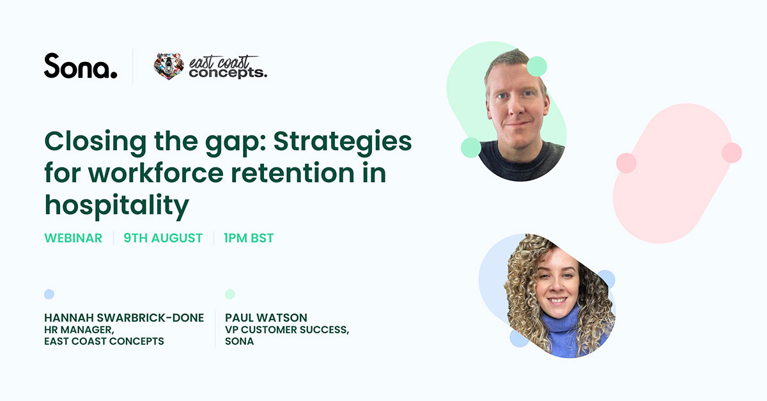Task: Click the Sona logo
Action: pos(81,66)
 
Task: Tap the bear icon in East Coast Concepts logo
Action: pos(169,66)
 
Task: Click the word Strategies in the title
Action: pos(342,142)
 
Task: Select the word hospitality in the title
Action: pos(117,205)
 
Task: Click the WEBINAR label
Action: pos(73,238)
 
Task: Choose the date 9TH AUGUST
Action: pos(163,238)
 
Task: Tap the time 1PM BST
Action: pos(249,238)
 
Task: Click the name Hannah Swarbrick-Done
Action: pos(124,318)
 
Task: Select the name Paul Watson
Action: pos(266,318)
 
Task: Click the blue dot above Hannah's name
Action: pos(49,294)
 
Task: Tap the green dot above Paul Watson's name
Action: pos(230,294)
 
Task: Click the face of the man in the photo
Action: pos(516,102)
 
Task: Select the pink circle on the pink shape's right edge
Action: pos(731,153)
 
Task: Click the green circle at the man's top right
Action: pos(537,66)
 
